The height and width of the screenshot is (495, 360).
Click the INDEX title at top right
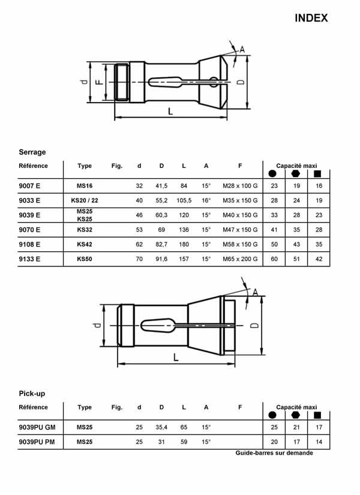click(x=311, y=18)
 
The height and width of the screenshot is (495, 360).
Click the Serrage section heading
click(x=32, y=152)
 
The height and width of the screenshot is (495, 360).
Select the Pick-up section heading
click(x=32, y=394)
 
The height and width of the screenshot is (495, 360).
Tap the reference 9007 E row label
click(x=30, y=186)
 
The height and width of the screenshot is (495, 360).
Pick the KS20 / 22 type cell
click(x=85, y=200)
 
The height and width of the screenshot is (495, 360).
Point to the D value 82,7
click(x=161, y=245)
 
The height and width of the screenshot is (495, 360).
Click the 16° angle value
click(x=206, y=200)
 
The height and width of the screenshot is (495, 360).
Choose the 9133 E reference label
click(x=30, y=259)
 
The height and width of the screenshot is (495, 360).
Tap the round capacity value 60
click(x=274, y=259)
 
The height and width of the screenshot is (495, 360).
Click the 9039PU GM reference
click(x=38, y=427)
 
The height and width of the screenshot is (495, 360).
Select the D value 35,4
click(x=161, y=427)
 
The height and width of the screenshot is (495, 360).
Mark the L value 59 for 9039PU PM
click(x=184, y=442)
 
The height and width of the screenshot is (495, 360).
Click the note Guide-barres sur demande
click(x=274, y=453)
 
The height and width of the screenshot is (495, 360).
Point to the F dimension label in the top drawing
click(x=99, y=82)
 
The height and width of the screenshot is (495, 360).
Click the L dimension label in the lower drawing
click(x=175, y=357)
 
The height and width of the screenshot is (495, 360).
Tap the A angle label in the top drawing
click(x=242, y=49)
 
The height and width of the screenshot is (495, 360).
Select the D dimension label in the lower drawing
click(x=254, y=325)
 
